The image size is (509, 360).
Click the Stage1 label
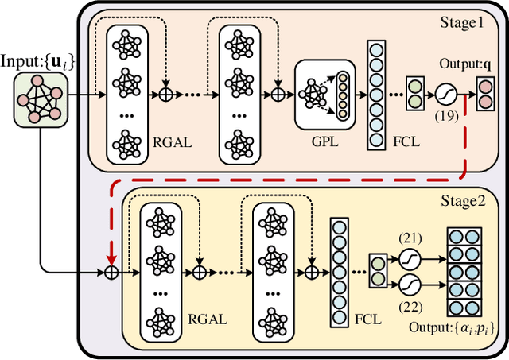point(462,24)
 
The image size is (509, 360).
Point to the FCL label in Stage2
point(368,319)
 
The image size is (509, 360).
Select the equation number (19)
point(446,117)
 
